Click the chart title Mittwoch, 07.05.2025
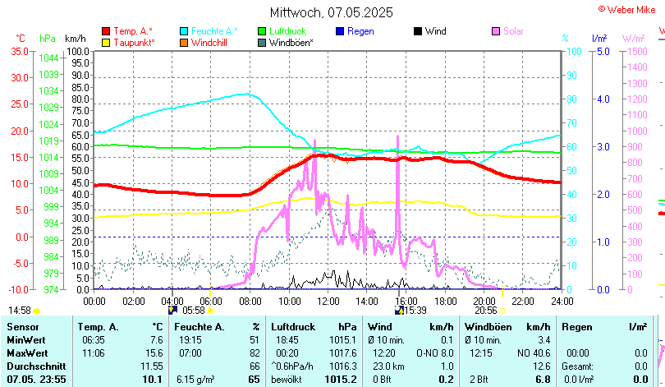(x=332, y=12)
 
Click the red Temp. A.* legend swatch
(x=106, y=31)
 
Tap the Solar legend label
(x=513, y=31)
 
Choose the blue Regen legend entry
(x=360, y=31)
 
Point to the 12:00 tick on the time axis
(x=327, y=300)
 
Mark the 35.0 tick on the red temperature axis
(x=18, y=51)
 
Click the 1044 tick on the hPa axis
(x=48, y=58)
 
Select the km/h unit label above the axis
(x=75, y=39)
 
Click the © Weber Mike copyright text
(x=626, y=8)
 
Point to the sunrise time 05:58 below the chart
(x=194, y=311)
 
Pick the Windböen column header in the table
(x=488, y=327)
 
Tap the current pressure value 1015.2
(x=341, y=379)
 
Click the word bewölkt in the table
(x=288, y=379)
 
